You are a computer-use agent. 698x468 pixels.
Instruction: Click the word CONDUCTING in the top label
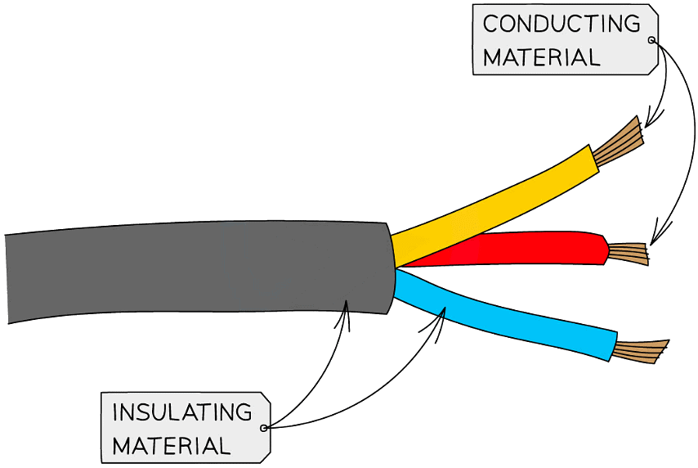point(562,24)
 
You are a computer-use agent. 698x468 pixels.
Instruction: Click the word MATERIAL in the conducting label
point(541,57)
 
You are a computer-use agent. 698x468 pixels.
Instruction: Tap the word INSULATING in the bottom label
point(182,412)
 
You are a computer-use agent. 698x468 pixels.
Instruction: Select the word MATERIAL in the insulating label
point(172,446)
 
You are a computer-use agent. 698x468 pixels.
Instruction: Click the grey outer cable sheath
point(196,270)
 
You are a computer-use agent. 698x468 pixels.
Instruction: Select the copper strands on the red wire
point(629,254)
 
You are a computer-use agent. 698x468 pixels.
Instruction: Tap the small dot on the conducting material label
point(651,40)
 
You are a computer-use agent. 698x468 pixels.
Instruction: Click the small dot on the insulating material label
point(263,427)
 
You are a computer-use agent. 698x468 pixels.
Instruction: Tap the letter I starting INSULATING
point(115,412)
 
